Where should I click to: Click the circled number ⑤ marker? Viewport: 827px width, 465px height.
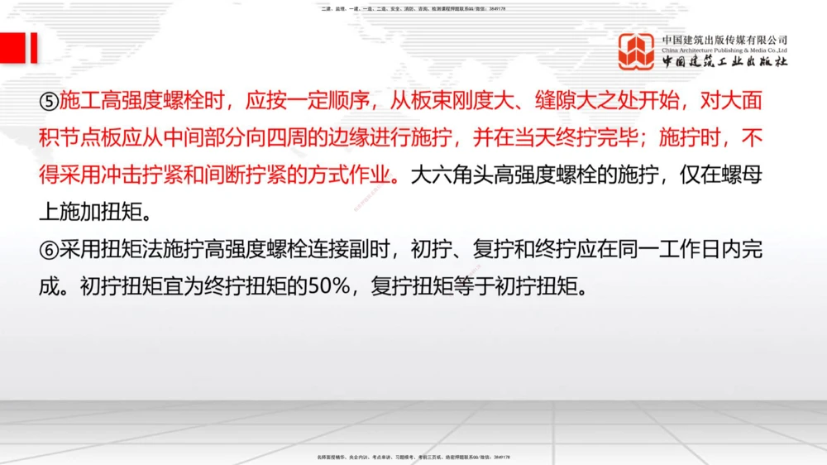tap(49, 103)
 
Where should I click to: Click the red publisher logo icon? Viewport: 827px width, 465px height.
tap(636, 50)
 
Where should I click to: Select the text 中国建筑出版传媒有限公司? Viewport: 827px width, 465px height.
tap(724, 39)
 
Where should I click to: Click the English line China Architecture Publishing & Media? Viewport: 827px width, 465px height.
tap(724, 50)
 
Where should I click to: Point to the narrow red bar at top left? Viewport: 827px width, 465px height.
tap(33, 48)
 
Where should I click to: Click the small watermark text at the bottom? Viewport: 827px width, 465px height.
tap(413, 456)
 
